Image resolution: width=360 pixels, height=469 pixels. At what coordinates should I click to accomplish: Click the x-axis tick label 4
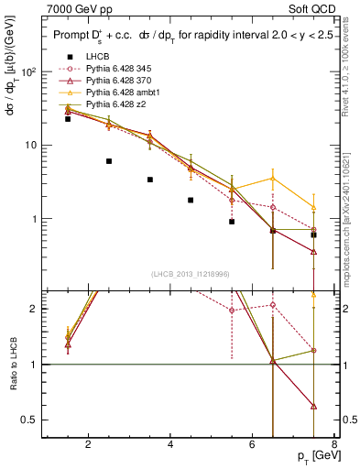point(171,446)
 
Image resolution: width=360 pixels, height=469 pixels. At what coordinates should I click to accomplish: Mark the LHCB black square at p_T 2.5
point(109,160)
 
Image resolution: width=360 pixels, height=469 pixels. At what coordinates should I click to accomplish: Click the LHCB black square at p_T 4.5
point(191,200)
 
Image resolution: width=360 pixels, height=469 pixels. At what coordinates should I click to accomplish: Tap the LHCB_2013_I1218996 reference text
point(191,274)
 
